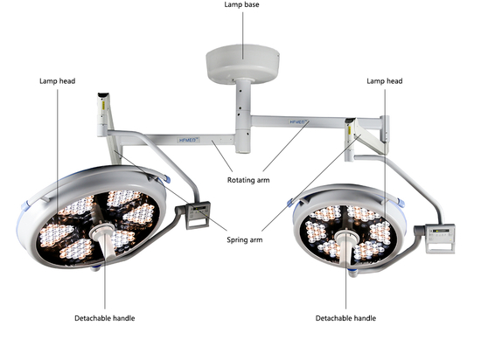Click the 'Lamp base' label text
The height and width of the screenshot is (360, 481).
point(241,4)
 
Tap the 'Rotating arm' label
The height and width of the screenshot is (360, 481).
point(248,180)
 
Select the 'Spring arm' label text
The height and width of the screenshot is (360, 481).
point(245,240)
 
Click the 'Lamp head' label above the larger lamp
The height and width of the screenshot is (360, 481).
point(58,81)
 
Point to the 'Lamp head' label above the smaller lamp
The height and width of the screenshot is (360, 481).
point(385,81)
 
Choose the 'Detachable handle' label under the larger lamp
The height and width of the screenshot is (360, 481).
point(105,318)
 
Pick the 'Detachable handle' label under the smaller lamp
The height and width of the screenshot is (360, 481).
point(345,318)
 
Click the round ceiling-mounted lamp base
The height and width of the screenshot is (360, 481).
point(242,64)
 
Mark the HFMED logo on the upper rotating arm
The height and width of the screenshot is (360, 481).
point(299,122)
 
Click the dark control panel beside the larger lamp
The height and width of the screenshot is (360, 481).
point(198,215)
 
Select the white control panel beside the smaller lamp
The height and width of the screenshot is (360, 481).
point(440,239)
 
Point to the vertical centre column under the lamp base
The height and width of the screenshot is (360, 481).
point(243,116)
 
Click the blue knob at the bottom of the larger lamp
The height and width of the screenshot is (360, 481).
point(95,269)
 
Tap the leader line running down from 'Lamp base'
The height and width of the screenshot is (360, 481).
point(242,35)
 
